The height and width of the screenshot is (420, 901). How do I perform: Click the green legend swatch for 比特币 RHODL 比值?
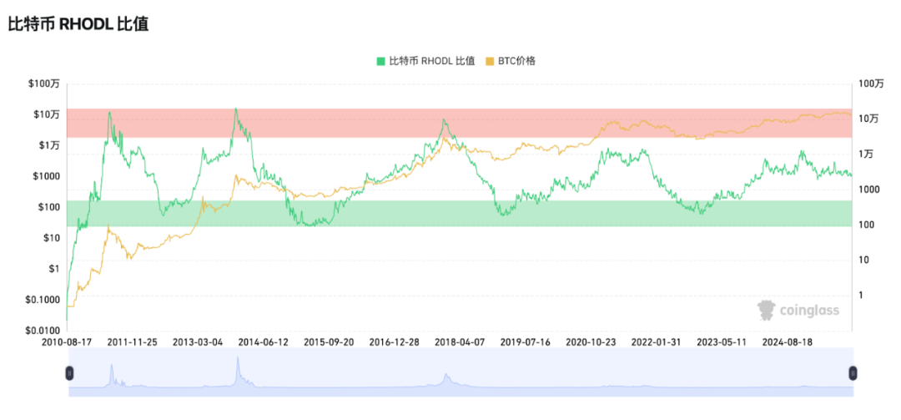(x=381, y=61)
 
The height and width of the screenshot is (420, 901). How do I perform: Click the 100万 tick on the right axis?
(x=869, y=83)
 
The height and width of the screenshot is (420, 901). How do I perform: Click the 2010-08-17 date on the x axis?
(x=68, y=342)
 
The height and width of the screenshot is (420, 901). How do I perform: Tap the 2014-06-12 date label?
(x=263, y=342)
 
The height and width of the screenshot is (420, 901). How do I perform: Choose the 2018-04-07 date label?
(x=459, y=342)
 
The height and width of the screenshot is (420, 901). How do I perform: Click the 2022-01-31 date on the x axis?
(x=656, y=342)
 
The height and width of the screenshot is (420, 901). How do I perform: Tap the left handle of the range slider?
(x=69, y=373)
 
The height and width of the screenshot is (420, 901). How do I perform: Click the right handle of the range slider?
(x=853, y=373)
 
